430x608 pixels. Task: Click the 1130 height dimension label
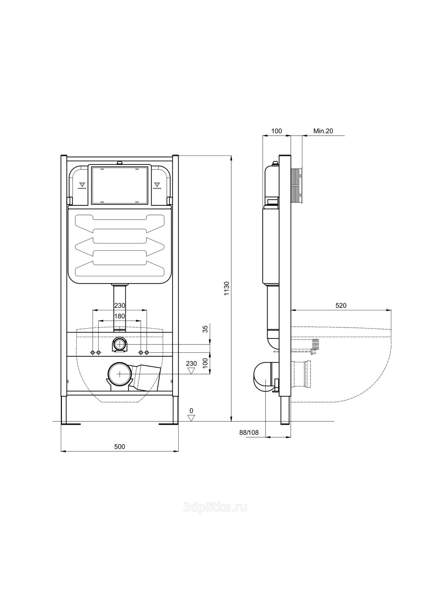(x=227, y=288)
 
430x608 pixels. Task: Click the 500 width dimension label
(x=120, y=447)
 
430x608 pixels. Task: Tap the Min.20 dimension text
(x=323, y=131)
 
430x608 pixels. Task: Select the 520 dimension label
(x=341, y=306)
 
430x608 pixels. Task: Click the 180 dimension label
(x=120, y=316)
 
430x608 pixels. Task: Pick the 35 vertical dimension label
(x=205, y=329)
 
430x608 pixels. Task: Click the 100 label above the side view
(x=277, y=131)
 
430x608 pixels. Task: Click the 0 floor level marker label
(x=191, y=411)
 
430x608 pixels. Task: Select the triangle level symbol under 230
(x=191, y=370)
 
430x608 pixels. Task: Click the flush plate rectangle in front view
(x=119, y=185)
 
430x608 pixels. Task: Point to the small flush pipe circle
(x=120, y=344)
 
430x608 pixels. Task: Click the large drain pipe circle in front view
(x=120, y=374)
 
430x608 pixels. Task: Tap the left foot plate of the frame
(x=71, y=423)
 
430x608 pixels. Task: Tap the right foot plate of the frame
(x=169, y=423)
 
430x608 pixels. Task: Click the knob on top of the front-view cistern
(x=120, y=163)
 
